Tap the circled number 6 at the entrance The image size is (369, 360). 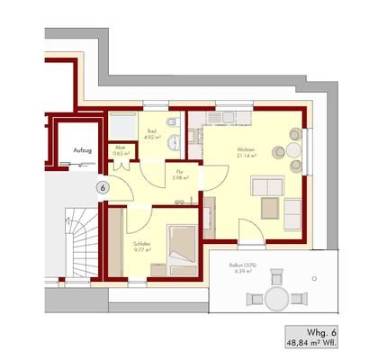click(103, 187)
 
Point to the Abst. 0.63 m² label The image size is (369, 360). click(120, 151)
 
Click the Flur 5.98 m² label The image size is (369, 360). click(180, 174)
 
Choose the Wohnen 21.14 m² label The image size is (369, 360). click(246, 152)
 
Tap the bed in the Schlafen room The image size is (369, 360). click(180, 250)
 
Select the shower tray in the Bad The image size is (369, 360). click(121, 127)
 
